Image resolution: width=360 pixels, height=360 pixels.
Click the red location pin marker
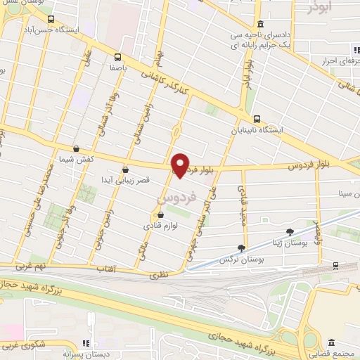pyautogui.click(x=181, y=165)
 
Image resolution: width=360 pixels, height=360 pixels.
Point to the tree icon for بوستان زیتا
pyautogui.click(x=289, y=231)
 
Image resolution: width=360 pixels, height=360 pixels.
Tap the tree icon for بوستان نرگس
pyautogui.click(x=242, y=247)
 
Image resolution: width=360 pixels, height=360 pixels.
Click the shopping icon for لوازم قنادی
pyautogui.click(x=161, y=216)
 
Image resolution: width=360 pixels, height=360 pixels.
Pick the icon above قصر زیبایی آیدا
pyautogui.click(x=125, y=169)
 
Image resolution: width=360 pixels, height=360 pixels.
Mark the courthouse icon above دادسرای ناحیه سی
pyautogui.click(x=260, y=24)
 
